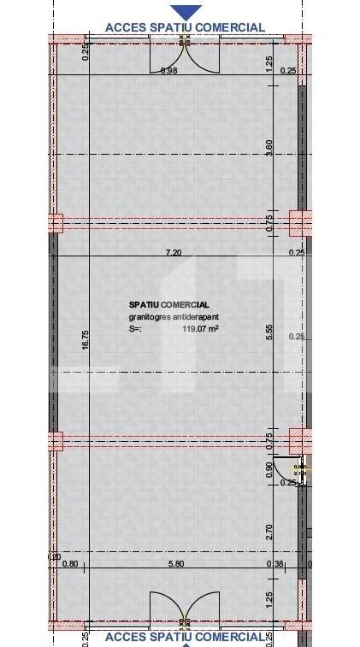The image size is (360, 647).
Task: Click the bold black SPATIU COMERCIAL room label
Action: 168,304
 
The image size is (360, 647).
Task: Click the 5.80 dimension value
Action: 175,563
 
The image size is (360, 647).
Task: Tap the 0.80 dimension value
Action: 71,563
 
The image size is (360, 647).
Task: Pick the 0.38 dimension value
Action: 276,563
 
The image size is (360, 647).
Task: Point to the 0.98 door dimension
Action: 168,70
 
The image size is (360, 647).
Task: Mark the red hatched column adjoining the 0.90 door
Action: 300,442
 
